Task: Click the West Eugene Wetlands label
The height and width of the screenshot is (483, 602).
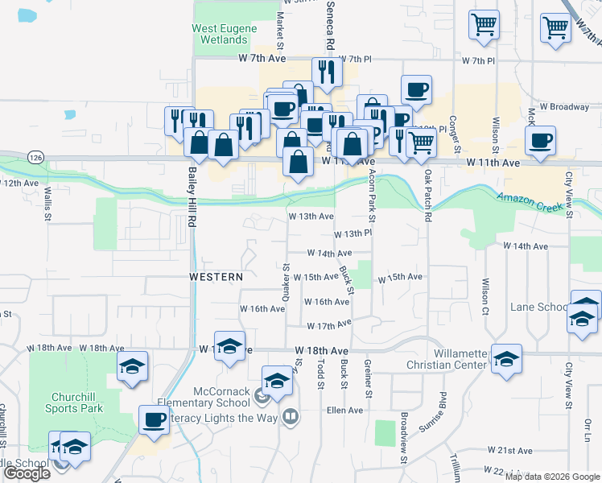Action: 225,34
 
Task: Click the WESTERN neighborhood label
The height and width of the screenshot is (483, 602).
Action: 216,277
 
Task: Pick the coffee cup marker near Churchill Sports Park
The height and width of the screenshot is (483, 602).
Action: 155,419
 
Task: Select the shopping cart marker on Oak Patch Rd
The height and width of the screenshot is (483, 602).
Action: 422,142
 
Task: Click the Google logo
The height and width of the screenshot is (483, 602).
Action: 27,474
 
